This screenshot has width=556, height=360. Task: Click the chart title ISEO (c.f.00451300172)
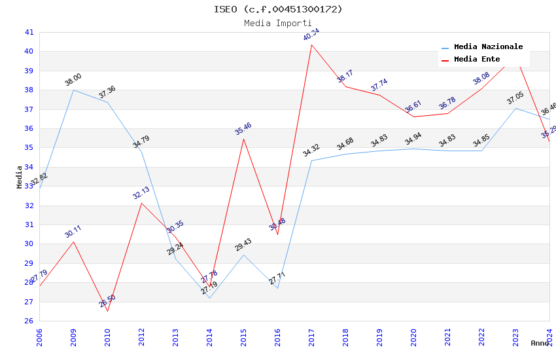click(278, 9)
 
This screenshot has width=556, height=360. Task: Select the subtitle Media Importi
click(278, 23)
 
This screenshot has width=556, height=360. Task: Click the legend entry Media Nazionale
click(488, 47)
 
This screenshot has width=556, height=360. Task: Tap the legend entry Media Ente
click(477, 60)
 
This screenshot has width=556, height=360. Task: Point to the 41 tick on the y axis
click(29, 32)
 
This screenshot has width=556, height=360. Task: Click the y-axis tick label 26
click(29, 321)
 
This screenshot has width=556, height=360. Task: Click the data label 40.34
click(311, 35)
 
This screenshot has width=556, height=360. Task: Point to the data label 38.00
click(73, 80)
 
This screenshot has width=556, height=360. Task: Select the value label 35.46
click(243, 129)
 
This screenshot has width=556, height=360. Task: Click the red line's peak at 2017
click(311, 45)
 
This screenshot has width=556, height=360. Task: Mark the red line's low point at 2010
click(107, 311)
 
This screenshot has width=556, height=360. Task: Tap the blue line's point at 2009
click(73, 90)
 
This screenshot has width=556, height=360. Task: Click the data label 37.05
click(515, 99)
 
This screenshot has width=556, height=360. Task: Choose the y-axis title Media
click(20, 177)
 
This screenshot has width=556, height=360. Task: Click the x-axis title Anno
click(540, 343)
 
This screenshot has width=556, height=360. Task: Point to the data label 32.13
click(141, 192)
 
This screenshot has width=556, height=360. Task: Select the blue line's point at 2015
click(243, 255)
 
